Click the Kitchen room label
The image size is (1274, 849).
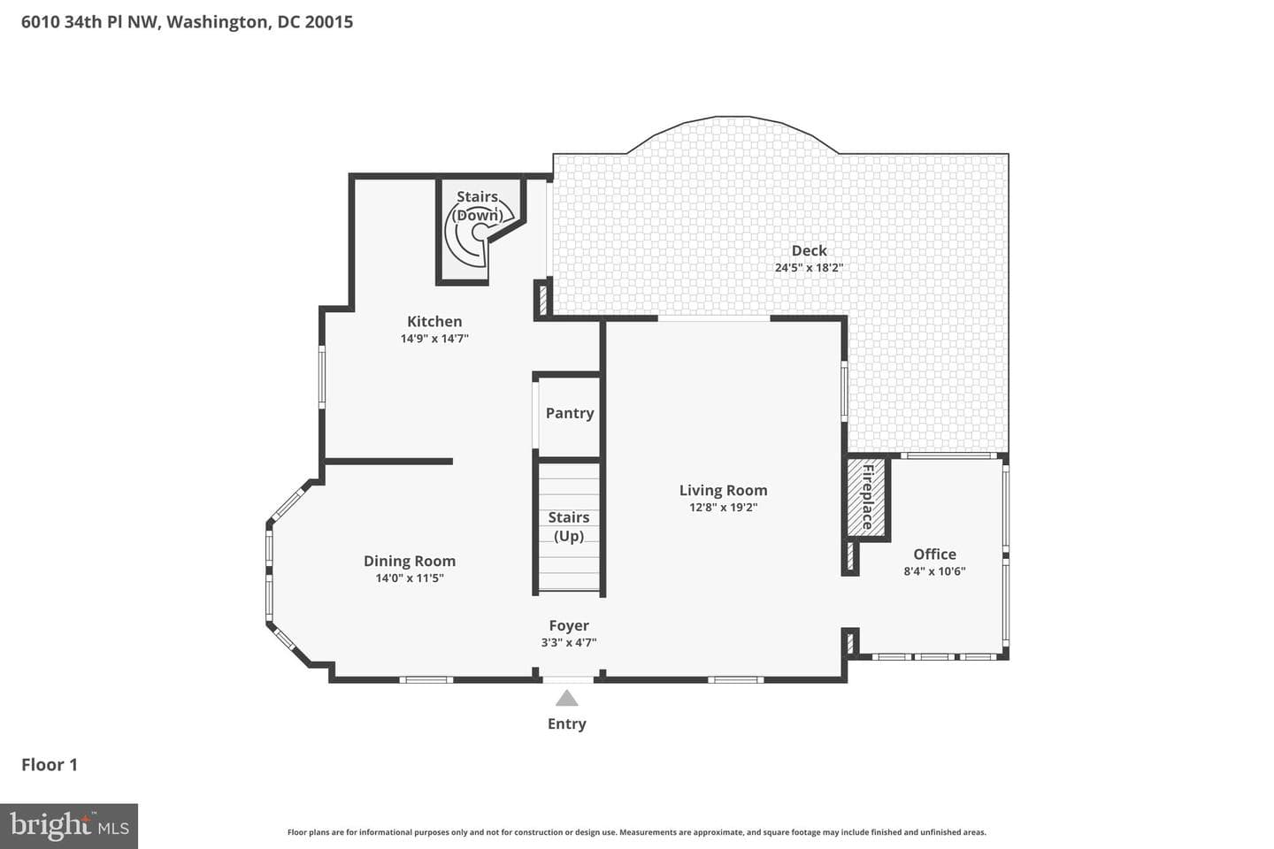434,321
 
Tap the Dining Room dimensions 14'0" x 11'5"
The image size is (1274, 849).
410,578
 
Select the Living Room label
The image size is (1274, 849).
724,490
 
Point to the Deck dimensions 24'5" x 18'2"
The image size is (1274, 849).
809,267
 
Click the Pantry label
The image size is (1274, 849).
570,413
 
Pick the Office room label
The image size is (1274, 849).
934,554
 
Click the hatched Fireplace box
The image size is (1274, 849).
866,497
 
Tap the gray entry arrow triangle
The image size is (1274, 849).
566,698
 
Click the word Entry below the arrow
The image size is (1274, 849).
566,724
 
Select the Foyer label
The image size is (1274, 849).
569,625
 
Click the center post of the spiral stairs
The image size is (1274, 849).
480,232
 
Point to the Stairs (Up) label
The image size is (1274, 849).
569,526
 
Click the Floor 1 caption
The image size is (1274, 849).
50,765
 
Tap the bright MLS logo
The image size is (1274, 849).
69,826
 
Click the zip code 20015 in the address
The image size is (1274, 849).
329,21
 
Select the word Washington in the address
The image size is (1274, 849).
218,22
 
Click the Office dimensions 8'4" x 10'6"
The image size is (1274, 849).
934,571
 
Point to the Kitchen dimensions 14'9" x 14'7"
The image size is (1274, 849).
434,339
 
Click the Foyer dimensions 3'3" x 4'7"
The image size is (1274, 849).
569,643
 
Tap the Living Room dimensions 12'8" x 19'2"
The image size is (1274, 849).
724,508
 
